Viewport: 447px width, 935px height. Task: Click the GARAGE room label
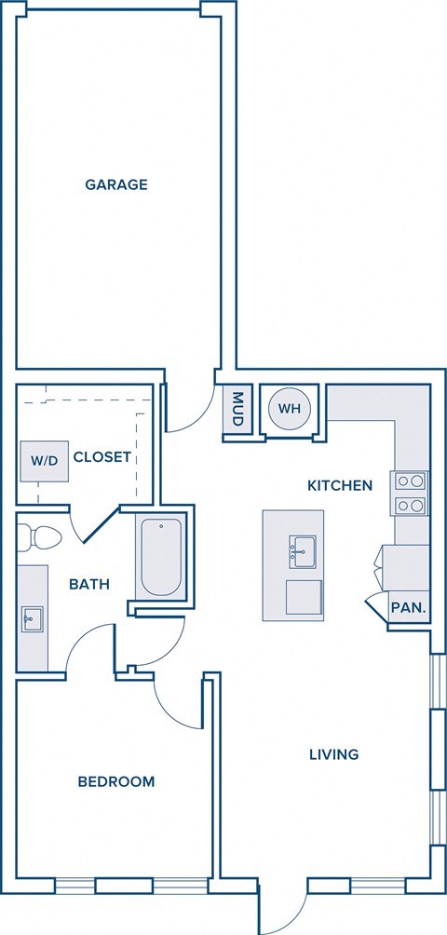pos(116,184)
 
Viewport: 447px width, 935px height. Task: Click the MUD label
pos(237,409)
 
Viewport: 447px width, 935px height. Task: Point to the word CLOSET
pos(102,457)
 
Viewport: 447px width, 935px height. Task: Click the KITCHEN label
pos(341,485)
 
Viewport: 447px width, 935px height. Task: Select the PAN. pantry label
pos(409,608)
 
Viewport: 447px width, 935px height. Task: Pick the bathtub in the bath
pos(160,559)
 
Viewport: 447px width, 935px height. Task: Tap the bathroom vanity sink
pos(32,617)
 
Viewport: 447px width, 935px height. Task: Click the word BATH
pos(89,585)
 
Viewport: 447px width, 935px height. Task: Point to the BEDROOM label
pos(116,781)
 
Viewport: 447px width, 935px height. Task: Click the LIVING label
pos(333,754)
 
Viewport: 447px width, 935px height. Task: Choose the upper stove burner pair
pos(411,482)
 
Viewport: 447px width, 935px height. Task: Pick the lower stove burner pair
pos(411,507)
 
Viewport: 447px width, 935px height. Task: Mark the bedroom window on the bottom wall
pos(129,886)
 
